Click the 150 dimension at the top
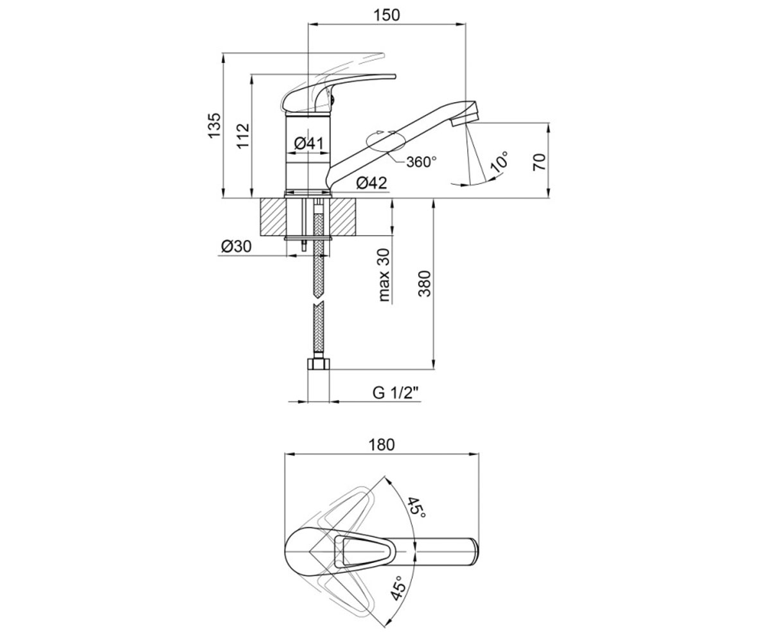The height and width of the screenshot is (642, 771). [387, 15]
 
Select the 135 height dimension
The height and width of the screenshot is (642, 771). [215, 126]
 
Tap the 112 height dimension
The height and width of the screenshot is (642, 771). [244, 136]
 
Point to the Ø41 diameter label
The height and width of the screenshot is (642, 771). [309, 144]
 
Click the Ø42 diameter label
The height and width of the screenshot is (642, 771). [372, 183]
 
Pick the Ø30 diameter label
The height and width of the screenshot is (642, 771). [236, 247]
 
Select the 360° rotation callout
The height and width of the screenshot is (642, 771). [421, 162]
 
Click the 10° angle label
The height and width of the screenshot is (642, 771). [499, 162]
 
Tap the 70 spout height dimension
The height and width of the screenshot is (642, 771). [540, 162]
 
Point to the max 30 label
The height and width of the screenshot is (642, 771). [384, 275]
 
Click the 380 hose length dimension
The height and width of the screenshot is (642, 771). [425, 284]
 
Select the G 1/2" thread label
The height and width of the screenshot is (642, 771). [396, 394]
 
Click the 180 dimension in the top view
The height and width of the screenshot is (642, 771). [382, 445]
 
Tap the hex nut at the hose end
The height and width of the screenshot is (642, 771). [318, 364]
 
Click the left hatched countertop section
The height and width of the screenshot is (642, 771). [273, 217]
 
